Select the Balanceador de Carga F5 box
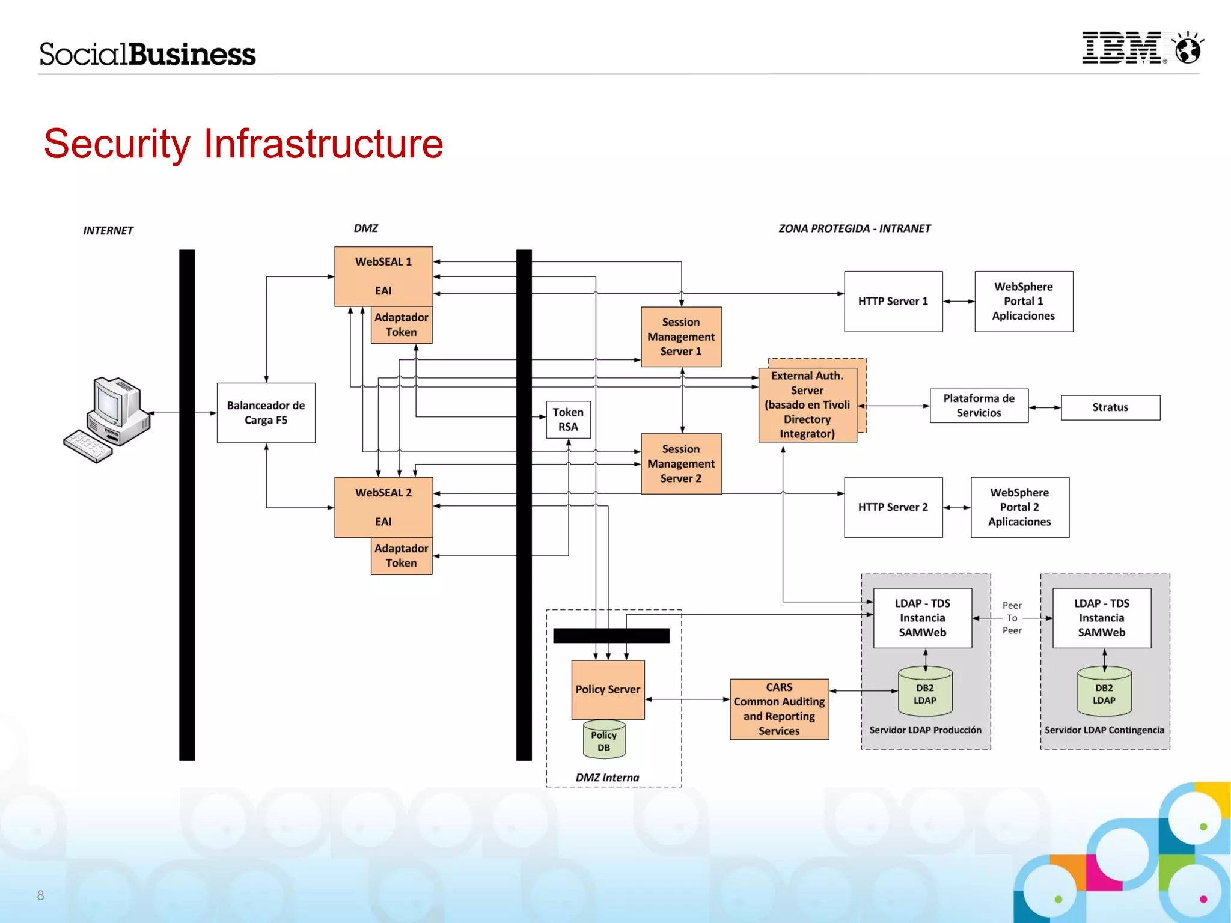tap(266, 413)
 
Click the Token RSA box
tap(568, 419)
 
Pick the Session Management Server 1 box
tap(681, 337)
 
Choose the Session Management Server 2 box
tap(681, 464)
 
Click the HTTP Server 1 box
tap(893, 302)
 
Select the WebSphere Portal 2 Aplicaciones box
tap(1019, 507)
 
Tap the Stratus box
tap(1110, 407)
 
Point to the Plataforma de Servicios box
tap(979, 406)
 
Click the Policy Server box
tap(608, 690)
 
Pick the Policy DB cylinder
tap(603, 740)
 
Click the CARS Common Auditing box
tap(779, 709)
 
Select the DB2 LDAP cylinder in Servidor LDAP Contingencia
tap(1104, 693)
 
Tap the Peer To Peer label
tap(1012, 618)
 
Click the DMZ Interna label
tap(607, 778)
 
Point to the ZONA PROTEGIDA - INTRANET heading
tap(854, 228)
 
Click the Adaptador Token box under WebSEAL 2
tap(401, 556)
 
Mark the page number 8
tap(40, 895)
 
